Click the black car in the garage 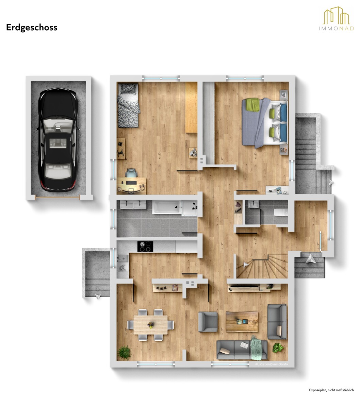point(58,139)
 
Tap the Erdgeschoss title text point(32,28)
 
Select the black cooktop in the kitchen point(145,246)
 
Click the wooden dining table point(151,325)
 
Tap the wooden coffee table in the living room point(242,322)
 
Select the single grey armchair point(208,322)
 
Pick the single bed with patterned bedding point(128,105)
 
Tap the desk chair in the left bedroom point(131,173)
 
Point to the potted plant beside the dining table point(125,353)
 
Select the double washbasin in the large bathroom point(133,205)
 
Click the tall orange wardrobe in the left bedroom point(191,107)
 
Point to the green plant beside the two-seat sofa point(278,348)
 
